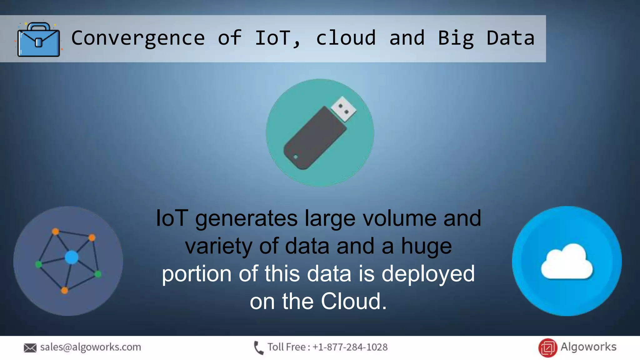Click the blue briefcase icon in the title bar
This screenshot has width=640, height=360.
38,40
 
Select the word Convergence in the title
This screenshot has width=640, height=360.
138,38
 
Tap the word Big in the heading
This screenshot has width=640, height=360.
456,38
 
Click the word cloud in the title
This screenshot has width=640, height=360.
346,38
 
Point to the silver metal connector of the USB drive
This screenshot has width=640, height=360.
343,109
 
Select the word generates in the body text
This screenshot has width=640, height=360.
246,219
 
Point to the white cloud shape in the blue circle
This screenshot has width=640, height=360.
567,262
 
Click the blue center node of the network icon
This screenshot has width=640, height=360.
72,257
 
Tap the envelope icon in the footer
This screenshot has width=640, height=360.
30,348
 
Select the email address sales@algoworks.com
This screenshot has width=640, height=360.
91,347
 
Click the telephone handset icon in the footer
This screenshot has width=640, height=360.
258,348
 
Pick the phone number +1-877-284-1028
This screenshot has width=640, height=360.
350,347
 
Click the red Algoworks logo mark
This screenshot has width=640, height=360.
547,348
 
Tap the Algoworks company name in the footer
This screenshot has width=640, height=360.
588,347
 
